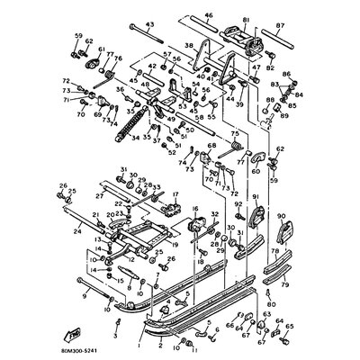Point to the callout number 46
[x=209, y=16]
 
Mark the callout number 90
[x=281, y=216]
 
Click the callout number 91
[x=255, y=196]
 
